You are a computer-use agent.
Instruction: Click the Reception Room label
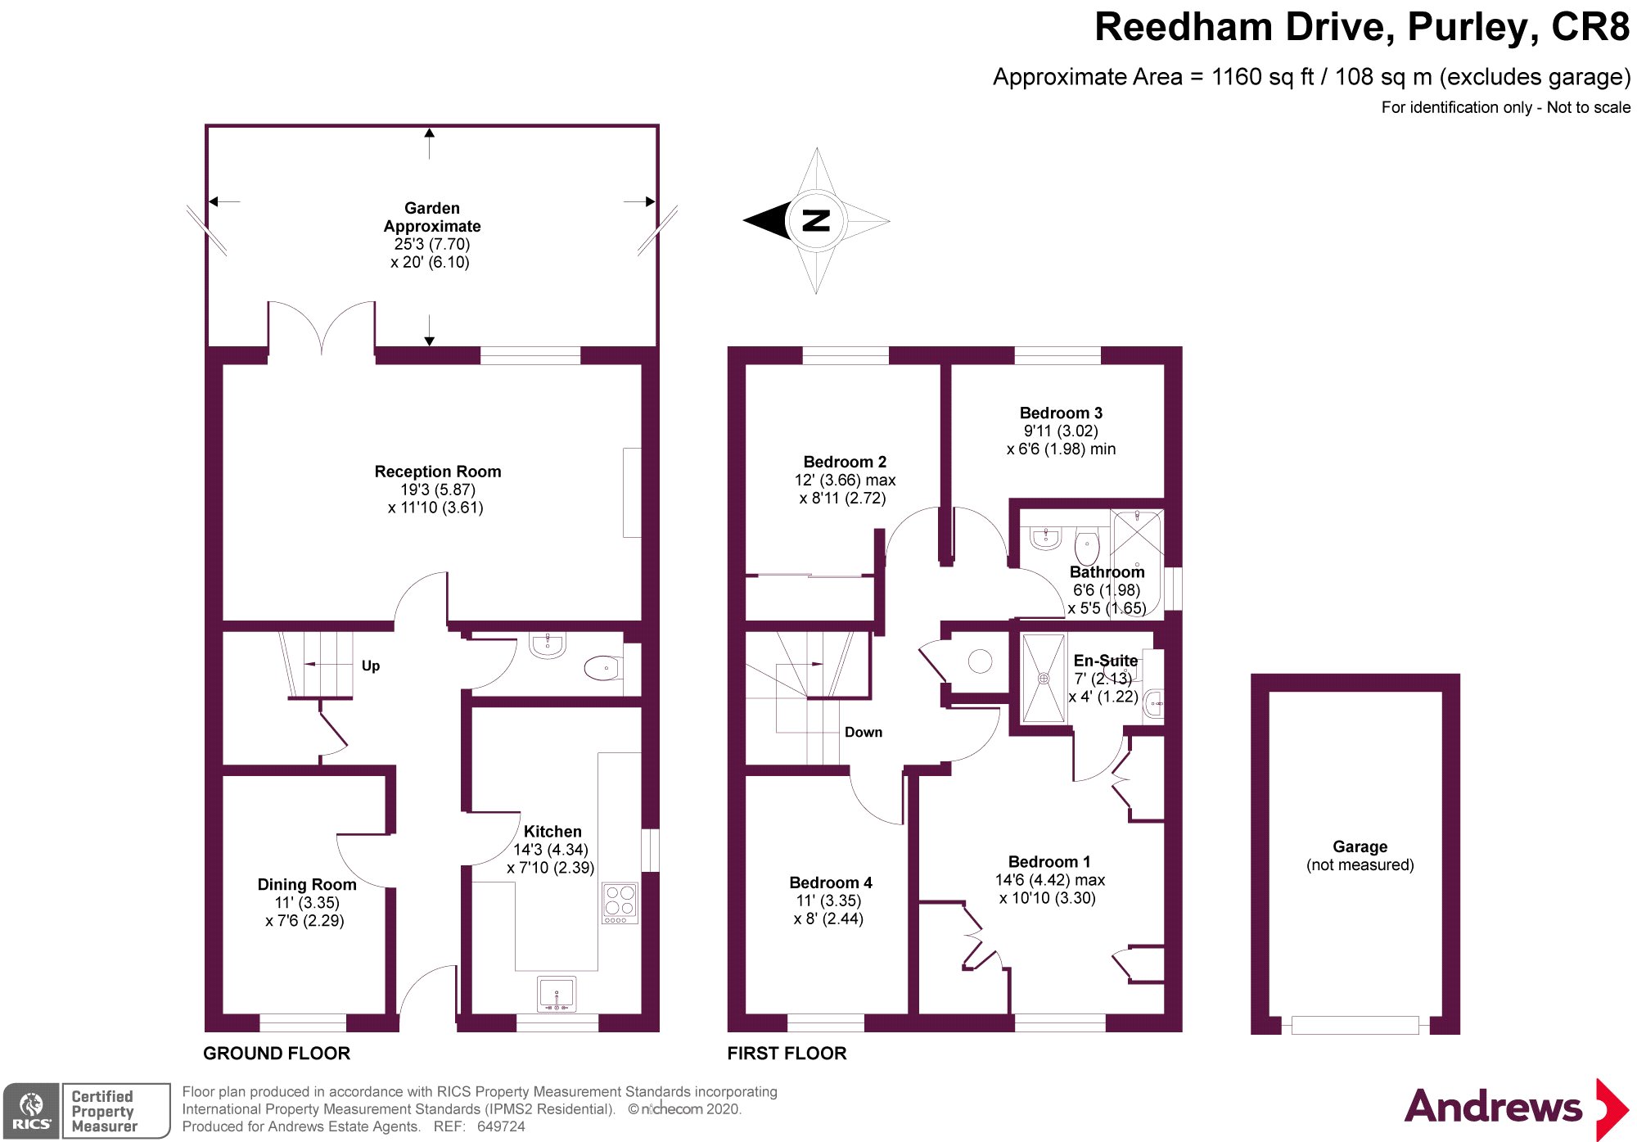(x=438, y=472)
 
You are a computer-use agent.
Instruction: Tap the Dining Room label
(x=307, y=884)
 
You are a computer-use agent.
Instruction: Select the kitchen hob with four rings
(x=620, y=903)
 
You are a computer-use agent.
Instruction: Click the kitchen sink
(x=557, y=994)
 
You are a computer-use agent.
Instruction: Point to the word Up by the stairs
(x=371, y=666)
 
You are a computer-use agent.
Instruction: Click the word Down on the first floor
(x=864, y=732)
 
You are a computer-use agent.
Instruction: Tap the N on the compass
(x=816, y=220)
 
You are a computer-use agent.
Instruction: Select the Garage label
(x=1360, y=846)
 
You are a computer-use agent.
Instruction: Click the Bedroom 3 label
(x=1061, y=413)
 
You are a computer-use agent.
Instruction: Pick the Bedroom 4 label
(x=831, y=882)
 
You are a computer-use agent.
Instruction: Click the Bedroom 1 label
(x=1049, y=861)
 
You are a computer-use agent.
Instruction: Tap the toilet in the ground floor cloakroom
(x=602, y=668)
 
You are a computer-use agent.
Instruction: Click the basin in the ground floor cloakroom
(x=548, y=644)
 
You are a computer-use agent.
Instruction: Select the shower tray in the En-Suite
(x=1044, y=678)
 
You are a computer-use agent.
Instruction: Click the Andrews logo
(x=1517, y=1108)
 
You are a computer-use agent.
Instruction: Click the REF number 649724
(x=501, y=1126)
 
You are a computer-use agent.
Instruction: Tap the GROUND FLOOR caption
(x=277, y=1054)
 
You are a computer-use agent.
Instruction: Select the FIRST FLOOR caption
(x=787, y=1054)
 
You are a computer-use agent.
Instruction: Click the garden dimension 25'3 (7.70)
(x=432, y=244)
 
